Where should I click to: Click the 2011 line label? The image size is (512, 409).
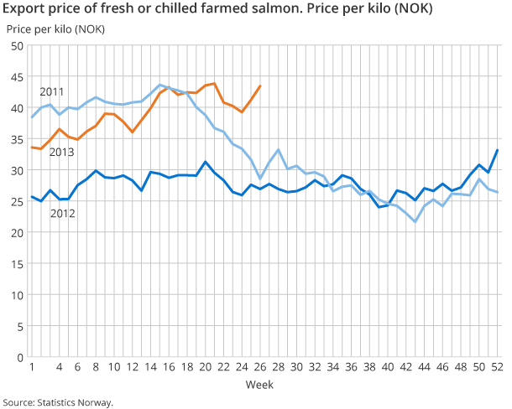51,91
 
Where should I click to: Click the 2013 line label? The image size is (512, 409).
62,152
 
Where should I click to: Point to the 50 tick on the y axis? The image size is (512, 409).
16,45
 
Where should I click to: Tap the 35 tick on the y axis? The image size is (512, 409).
16,139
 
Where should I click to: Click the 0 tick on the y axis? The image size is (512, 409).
19,357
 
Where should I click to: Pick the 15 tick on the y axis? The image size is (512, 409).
16,264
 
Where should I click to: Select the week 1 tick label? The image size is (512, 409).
32,368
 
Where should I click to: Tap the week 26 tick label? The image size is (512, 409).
261,368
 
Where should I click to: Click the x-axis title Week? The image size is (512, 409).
258,385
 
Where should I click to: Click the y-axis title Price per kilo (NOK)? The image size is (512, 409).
50,29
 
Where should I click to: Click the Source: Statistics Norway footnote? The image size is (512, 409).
57,401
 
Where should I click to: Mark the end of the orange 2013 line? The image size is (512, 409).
261,85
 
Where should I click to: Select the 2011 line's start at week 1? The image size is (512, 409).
32,116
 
